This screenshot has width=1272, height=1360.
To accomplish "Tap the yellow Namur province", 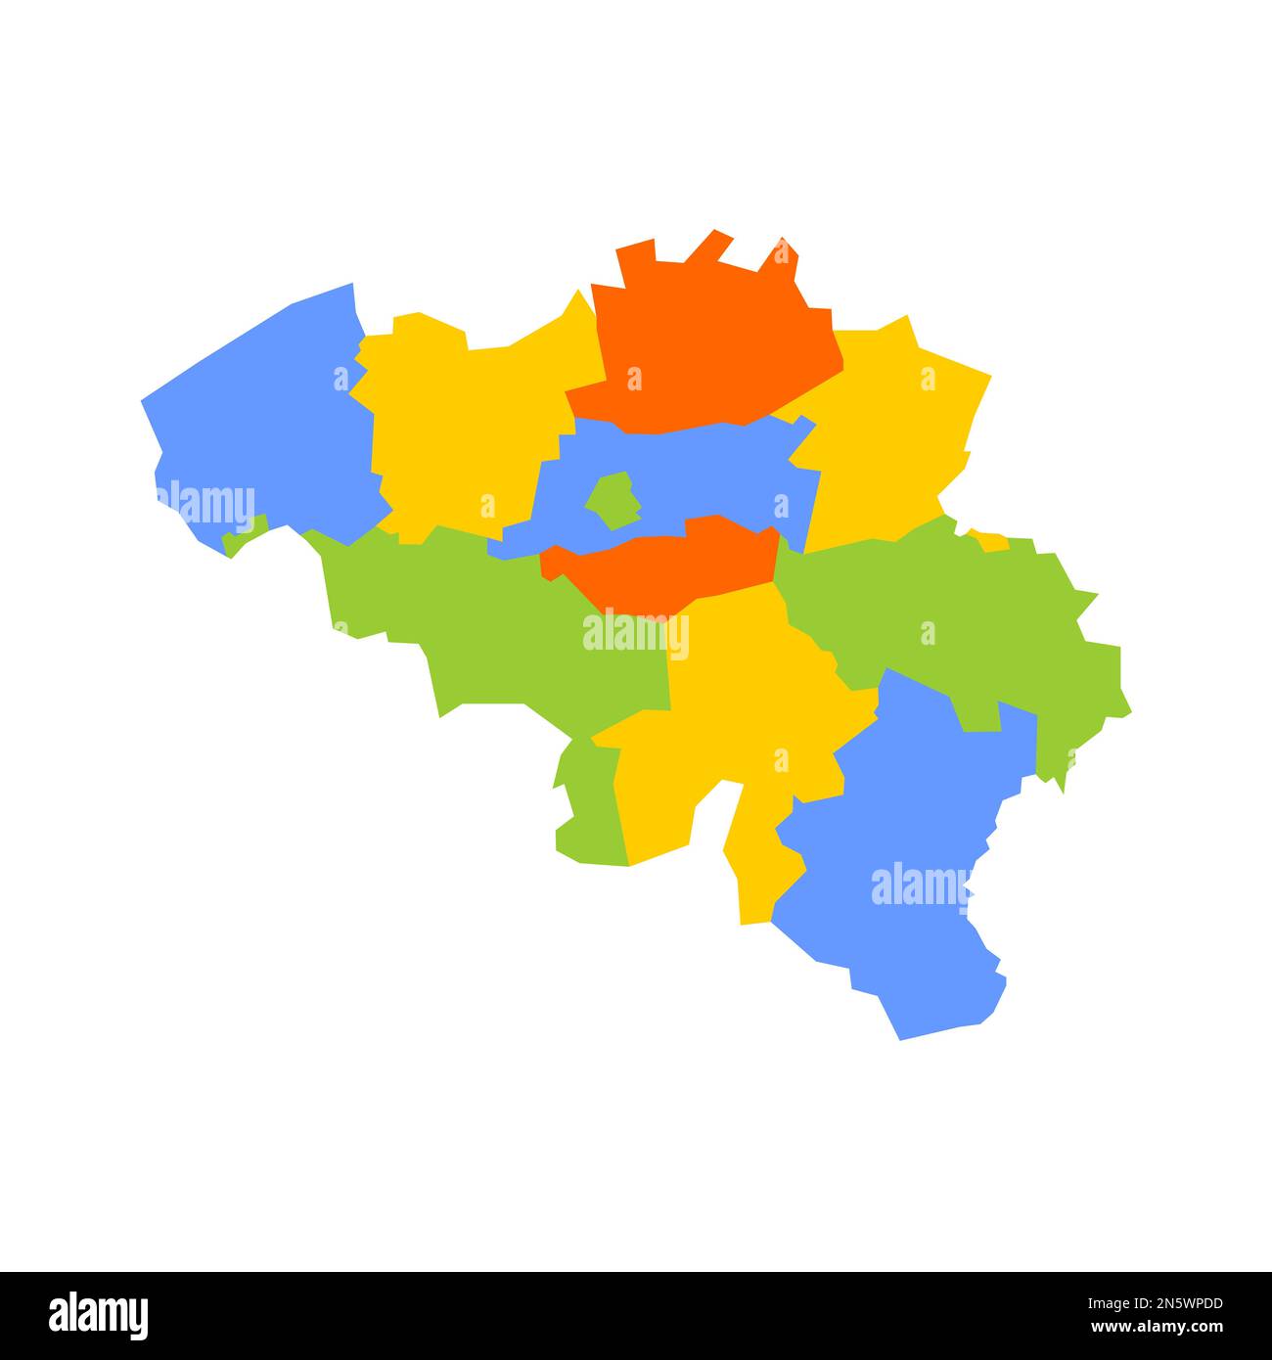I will tap(744, 704).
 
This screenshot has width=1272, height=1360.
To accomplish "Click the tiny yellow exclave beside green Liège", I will tap(990, 541).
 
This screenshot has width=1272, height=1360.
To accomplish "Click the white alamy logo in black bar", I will tap(99, 1315).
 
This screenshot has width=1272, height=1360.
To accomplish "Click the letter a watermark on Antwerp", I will tap(635, 379).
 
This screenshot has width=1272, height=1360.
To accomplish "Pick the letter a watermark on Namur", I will tap(781, 760).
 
